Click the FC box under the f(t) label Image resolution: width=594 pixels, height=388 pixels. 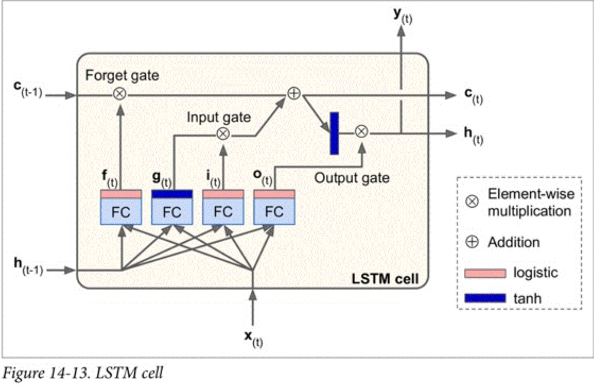pos(121,211)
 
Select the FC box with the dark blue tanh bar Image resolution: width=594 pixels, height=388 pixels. pos(172,211)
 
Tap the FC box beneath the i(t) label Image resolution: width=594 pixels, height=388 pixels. pos(222,211)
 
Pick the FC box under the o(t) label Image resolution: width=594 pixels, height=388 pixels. pos(273,211)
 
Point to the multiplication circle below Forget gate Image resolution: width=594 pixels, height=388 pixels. pos(121,94)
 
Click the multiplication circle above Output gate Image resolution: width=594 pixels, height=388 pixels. pos(361,133)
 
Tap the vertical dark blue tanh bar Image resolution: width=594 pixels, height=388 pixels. pos(334,133)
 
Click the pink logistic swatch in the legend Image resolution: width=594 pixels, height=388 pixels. pos(485,272)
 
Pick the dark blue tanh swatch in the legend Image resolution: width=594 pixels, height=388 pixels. pos(485,298)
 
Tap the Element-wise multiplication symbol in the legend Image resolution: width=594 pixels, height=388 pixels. pos(472,201)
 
